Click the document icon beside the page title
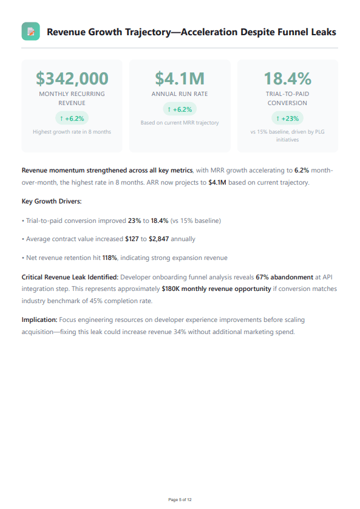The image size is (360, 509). tap(30, 32)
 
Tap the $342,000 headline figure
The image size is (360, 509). tap(72, 78)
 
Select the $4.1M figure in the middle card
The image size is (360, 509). tap(180, 78)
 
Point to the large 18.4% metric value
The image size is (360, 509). tap(287, 78)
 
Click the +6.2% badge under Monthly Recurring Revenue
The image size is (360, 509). tap(72, 118)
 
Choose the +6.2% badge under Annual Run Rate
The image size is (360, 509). tap(180, 109)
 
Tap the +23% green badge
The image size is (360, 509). tap(287, 118)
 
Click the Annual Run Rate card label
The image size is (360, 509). tap(180, 94)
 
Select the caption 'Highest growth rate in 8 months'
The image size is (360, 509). tap(72, 132)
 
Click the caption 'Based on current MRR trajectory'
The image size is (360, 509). tap(180, 123)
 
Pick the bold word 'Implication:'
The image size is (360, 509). tap(39, 319)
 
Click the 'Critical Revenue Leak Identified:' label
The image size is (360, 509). tap(70, 277)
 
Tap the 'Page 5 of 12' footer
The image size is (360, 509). tap(180, 499)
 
